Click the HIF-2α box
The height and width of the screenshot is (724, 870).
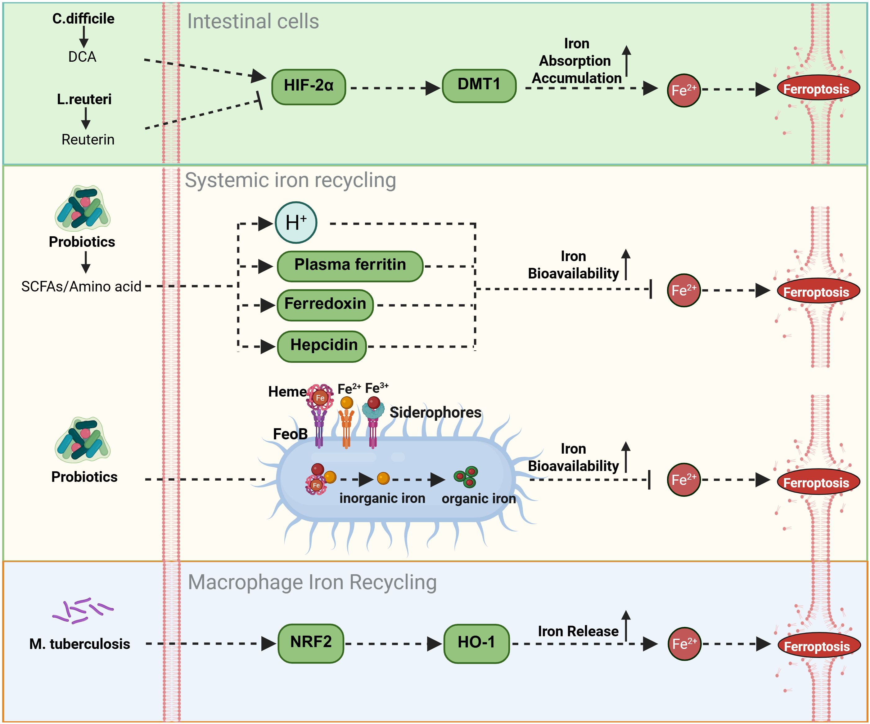[309, 87]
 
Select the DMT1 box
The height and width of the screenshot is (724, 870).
[479, 86]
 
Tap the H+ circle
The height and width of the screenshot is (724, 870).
[296, 223]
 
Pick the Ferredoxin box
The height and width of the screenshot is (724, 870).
[325, 305]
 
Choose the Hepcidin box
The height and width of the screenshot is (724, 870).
[322, 346]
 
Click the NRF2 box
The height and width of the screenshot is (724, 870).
[311, 643]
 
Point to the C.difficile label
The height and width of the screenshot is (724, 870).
[83, 19]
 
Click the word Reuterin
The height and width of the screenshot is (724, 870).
[88, 140]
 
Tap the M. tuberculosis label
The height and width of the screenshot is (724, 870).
[79, 644]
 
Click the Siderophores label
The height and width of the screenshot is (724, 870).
[435, 412]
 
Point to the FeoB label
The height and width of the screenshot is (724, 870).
[290, 434]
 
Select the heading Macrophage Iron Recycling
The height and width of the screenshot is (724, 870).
[312, 582]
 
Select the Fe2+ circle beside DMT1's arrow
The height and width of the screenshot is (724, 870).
[683, 90]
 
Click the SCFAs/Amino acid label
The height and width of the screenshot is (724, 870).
[81, 286]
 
